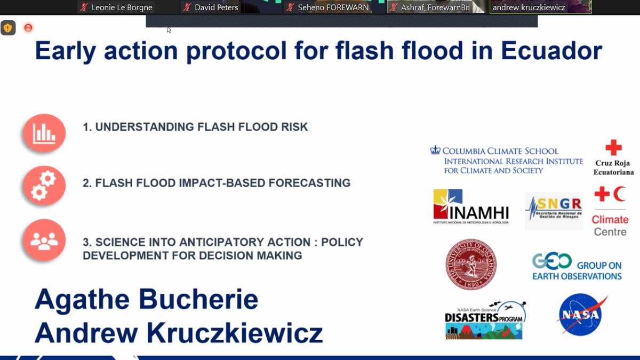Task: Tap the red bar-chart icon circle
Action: coord(44,133)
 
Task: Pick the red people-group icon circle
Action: coord(44,241)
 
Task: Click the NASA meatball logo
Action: coord(580,315)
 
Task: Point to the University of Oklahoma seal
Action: coord(471,264)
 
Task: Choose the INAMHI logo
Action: coord(471,206)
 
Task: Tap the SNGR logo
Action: coord(554,210)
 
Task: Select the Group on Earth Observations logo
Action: coord(577,267)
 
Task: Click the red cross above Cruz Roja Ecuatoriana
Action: coord(613,148)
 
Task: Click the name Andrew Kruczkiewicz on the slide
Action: coord(179,332)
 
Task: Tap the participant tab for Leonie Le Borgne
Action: coord(116,7)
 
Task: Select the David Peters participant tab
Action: coord(211,7)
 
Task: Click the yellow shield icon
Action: coord(8,28)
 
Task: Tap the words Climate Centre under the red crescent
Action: coord(610,226)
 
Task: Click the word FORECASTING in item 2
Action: coord(309,183)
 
